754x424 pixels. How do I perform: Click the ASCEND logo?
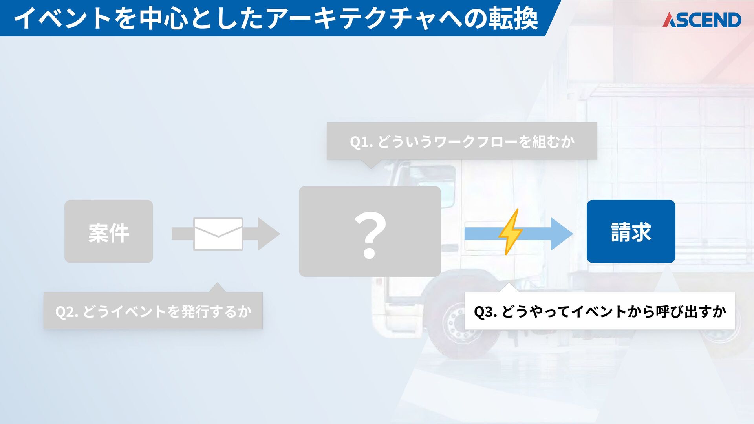[702, 20]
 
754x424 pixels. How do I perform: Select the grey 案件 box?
[108, 232]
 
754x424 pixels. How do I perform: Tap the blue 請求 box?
[631, 232]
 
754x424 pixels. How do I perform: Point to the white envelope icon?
[218, 234]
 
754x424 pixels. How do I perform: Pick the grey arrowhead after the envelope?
[268, 234]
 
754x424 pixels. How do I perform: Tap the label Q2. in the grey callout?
[67, 312]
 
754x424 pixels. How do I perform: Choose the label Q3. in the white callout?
[486, 312]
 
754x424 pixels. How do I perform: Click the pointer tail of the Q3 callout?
[508, 287]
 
